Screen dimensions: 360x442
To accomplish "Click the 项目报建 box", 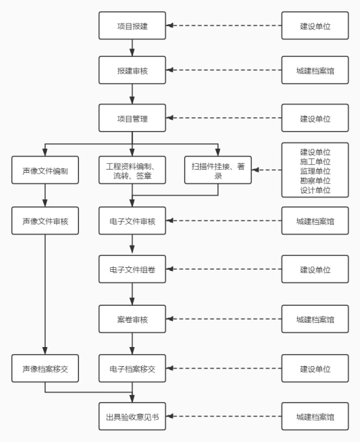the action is (x=132, y=26).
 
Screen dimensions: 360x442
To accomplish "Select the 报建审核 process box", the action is (x=132, y=70).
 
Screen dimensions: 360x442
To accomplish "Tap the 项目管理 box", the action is (x=132, y=118).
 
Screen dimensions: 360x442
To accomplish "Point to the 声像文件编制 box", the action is (x=45, y=170).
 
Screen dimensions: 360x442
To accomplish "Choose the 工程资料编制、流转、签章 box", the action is (x=132, y=170).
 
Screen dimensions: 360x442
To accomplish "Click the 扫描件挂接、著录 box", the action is (x=218, y=170).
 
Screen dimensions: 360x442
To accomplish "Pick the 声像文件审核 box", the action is (x=45, y=221).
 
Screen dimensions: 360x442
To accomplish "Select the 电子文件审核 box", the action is (x=132, y=221).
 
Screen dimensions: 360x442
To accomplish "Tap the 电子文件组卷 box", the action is (x=132, y=269).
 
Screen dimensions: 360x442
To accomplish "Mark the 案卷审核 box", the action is (x=132, y=319).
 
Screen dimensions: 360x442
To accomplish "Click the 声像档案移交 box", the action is (x=45, y=369).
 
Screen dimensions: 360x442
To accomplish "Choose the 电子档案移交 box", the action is (x=132, y=369).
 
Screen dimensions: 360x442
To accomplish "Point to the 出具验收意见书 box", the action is (x=132, y=416).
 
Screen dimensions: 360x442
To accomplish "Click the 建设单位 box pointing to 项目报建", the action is (x=315, y=26).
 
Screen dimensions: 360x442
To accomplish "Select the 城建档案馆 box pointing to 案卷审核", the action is (x=315, y=319).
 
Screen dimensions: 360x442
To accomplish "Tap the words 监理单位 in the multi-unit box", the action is (x=315, y=171).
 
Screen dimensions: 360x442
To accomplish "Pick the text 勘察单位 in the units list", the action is (x=315, y=181).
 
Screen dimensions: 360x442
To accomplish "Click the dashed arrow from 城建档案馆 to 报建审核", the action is (x=224, y=70).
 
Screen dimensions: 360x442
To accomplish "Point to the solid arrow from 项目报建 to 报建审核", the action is (x=132, y=48).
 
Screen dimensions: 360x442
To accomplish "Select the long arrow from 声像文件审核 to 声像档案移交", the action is (x=45, y=295).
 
